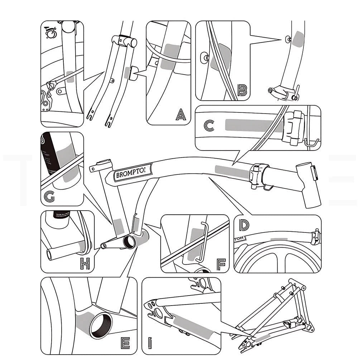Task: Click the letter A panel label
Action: click(x=181, y=115)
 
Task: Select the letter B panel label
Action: click(x=242, y=90)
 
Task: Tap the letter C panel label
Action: click(x=209, y=125)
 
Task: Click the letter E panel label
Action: click(x=125, y=343)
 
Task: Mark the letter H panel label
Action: click(x=85, y=264)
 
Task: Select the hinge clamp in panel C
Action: click(x=293, y=128)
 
